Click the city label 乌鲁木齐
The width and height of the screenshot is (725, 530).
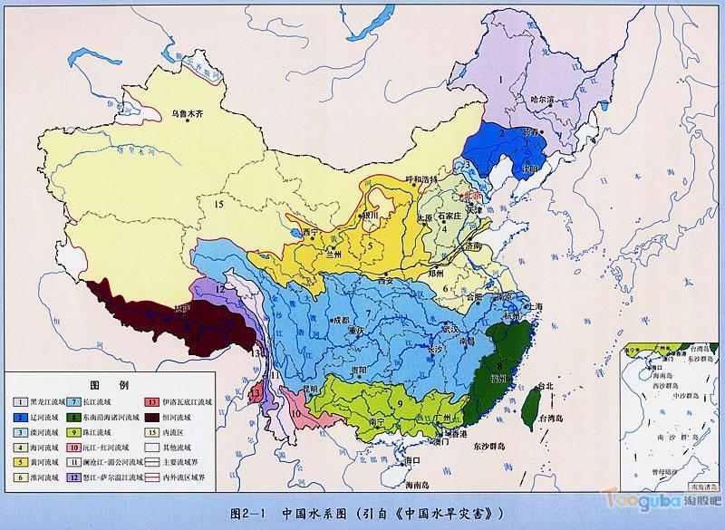pyautogui.click(x=189, y=115)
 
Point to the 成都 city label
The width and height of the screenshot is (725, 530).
pyautogui.click(x=339, y=319)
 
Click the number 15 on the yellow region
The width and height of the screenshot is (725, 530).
pyautogui.click(x=218, y=206)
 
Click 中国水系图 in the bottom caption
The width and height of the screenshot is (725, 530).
pyautogui.click(x=315, y=513)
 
